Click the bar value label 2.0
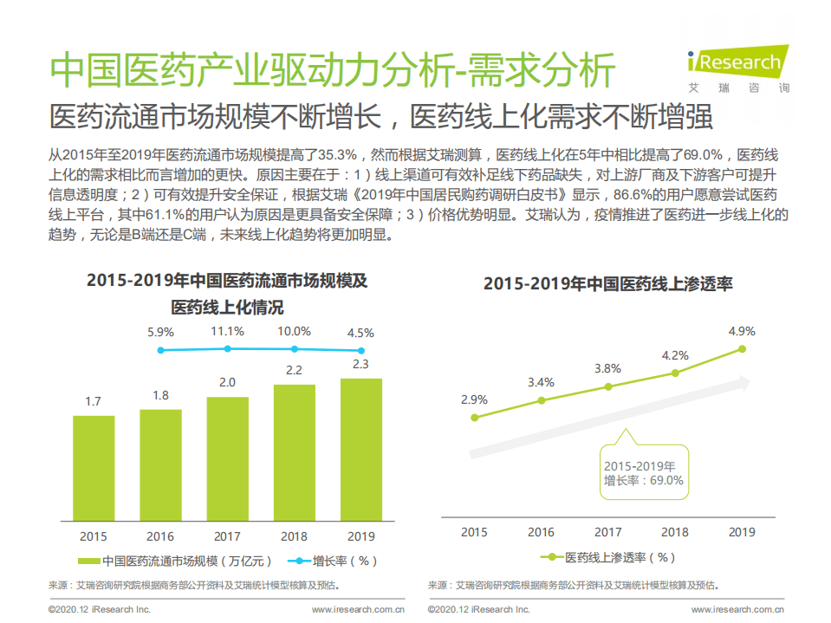click(x=227, y=382)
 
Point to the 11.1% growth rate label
click(x=227, y=331)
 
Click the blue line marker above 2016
click(x=160, y=350)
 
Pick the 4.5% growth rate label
click(x=360, y=333)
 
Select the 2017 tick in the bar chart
click(x=227, y=536)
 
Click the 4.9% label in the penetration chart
click(x=742, y=331)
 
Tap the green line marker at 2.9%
click(x=474, y=418)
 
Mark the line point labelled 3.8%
click(x=608, y=386)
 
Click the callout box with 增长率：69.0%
click(x=644, y=473)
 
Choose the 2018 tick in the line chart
click(x=675, y=532)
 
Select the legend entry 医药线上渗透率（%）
click(x=608, y=557)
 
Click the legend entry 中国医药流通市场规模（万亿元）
click(x=174, y=561)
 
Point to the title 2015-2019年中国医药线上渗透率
click(x=608, y=283)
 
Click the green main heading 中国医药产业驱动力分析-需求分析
click(x=333, y=70)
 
